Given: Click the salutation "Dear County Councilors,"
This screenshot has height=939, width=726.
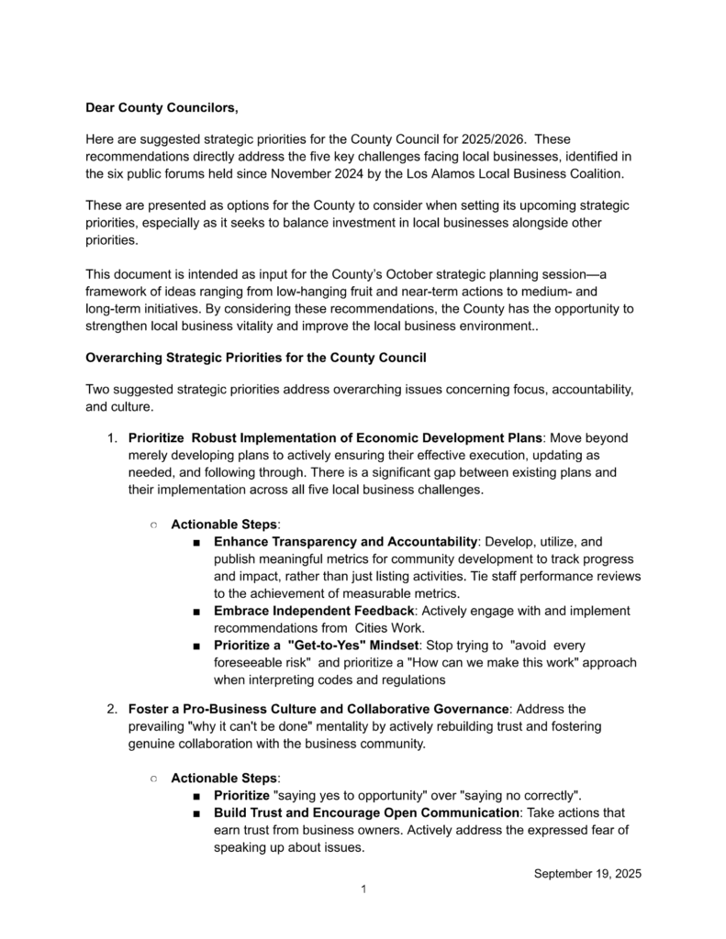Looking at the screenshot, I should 162,108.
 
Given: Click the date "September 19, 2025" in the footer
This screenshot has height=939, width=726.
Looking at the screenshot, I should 586,873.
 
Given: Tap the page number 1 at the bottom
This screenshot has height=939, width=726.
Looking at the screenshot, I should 363,889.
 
